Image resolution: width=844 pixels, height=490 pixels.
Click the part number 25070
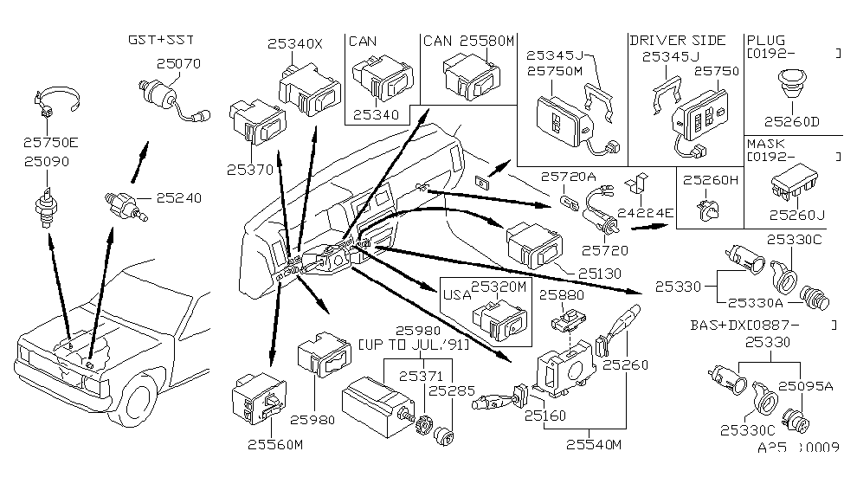coord(178,63)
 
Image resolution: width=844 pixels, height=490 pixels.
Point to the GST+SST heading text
coord(160,40)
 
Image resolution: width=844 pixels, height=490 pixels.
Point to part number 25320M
coord(498,287)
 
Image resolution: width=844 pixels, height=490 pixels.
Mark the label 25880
coord(564,294)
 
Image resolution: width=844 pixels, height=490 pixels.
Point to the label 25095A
coord(805,386)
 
